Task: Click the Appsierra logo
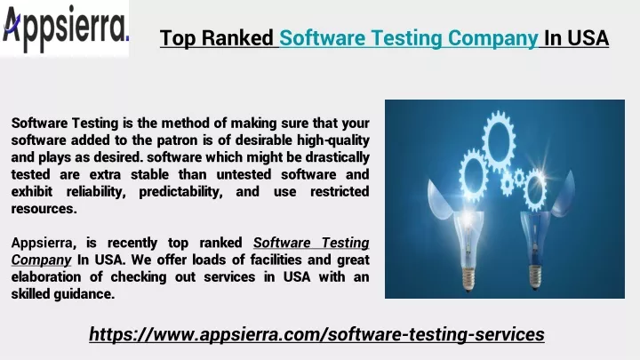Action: click(x=65, y=28)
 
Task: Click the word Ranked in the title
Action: click(x=237, y=38)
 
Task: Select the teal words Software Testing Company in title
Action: click(x=409, y=39)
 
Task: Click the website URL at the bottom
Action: click(x=316, y=334)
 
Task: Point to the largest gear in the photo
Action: click(x=498, y=140)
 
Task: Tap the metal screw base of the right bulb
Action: click(x=535, y=276)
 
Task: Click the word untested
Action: click(x=244, y=175)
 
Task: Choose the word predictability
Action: click(x=180, y=192)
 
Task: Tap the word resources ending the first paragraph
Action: click(x=44, y=209)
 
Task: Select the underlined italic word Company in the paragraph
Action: click(x=41, y=260)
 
